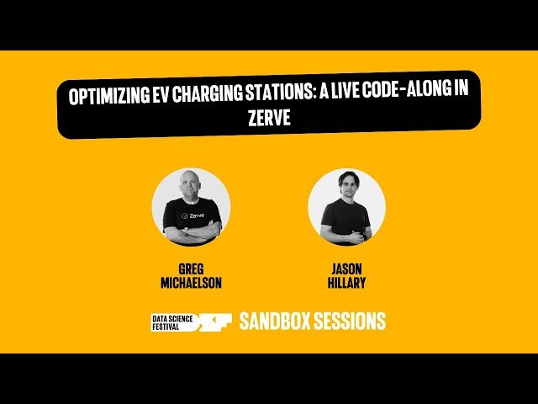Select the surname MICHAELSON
[x=192, y=284]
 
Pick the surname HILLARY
[x=346, y=284]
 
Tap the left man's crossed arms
[x=192, y=231]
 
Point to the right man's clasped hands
[x=347, y=230]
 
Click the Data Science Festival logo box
[x=171, y=321]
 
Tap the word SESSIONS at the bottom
[x=350, y=321]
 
